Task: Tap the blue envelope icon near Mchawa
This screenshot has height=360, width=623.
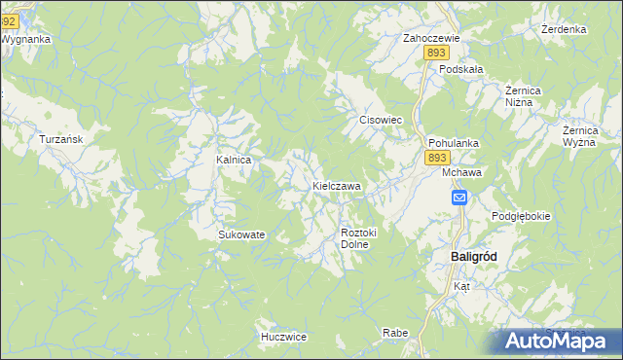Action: tap(459, 198)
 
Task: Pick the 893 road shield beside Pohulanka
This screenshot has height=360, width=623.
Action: tap(437, 158)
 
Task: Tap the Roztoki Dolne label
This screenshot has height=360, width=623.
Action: tap(358, 238)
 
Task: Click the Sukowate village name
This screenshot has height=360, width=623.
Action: tap(241, 234)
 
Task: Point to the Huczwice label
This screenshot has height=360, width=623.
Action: tap(283, 337)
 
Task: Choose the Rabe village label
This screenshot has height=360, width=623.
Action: tap(395, 333)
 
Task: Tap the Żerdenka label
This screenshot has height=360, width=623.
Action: tap(564, 29)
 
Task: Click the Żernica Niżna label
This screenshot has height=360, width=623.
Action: tap(529, 96)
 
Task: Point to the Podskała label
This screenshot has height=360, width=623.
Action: tap(461, 69)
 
